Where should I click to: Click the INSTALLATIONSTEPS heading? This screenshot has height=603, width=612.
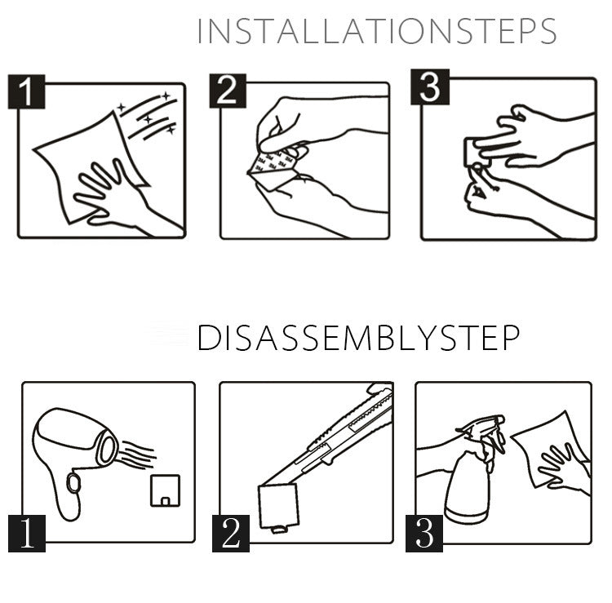coord(377,31)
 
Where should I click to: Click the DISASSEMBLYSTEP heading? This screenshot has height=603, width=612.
coord(358,338)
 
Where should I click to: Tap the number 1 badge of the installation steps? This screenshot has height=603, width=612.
coord(27,91)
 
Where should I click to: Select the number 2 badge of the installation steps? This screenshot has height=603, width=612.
coord(228,91)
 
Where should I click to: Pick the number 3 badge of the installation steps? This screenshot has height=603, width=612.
coord(430,87)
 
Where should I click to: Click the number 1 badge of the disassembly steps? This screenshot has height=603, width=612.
coord(27,533)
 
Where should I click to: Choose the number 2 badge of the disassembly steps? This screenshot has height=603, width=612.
coord(231,533)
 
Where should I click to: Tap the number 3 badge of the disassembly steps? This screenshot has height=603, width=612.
coord(424,533)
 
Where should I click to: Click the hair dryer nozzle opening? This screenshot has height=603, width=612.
coord(107,448)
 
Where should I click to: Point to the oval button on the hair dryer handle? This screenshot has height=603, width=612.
coord(73,483)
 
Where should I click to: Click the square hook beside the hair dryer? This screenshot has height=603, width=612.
coord(165,490)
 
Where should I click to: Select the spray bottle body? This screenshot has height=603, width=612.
coord(468,488)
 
